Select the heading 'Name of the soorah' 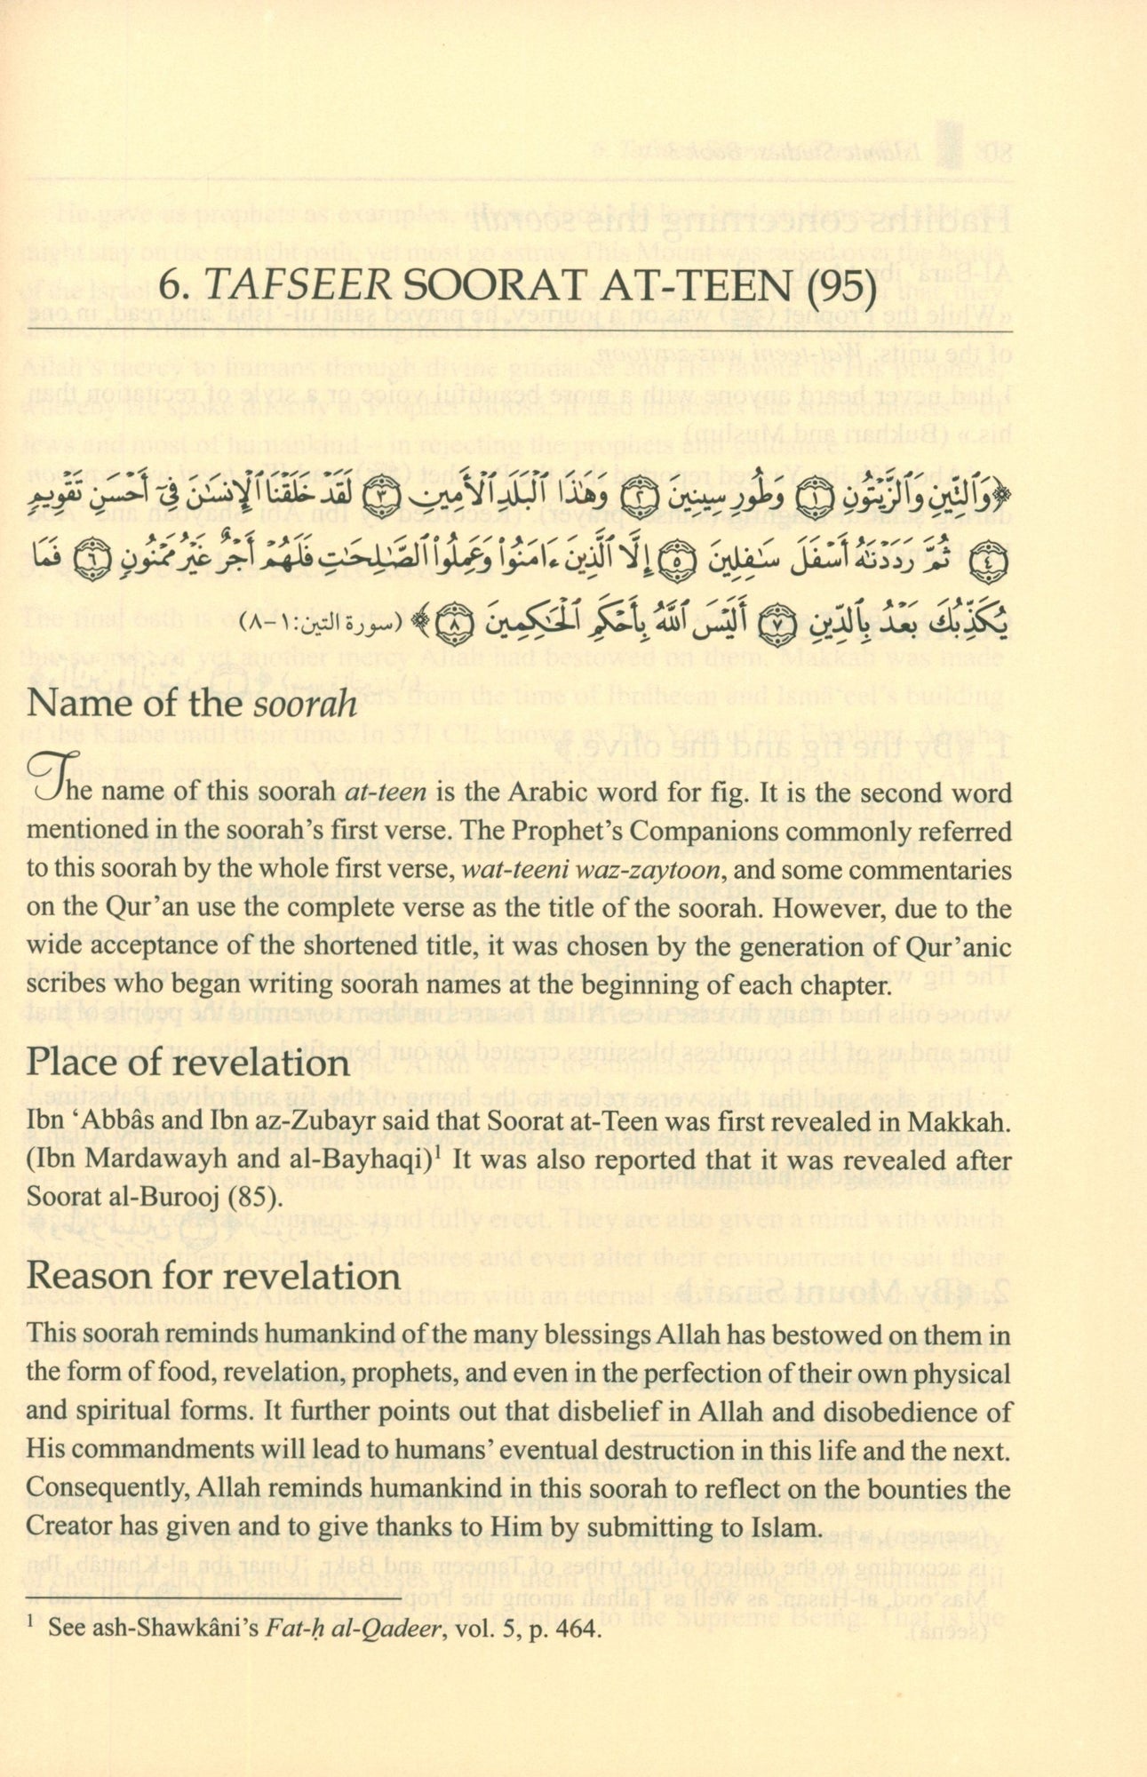click(192, 704)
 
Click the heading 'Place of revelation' click(188, 1064)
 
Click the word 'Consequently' click(87, 1489)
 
